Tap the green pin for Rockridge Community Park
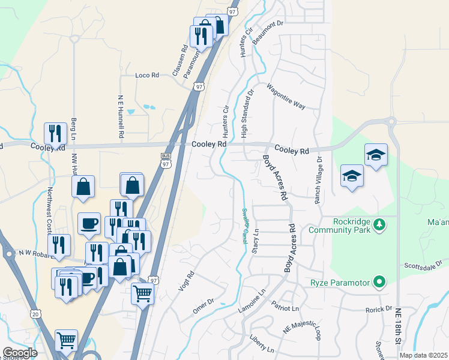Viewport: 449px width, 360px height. (x=379, y=225)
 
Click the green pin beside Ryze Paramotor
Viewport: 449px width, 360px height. (x=379, y=281)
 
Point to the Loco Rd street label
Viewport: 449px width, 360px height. (x=146, y=76)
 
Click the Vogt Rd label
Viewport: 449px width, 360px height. (x=187, y=281)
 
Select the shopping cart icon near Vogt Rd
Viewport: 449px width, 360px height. (x=142, y=294)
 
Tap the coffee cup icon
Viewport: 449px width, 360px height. (x=89, y=223)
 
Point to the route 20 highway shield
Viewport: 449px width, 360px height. (x=35, y=313)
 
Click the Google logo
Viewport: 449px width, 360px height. (x=20, y=353)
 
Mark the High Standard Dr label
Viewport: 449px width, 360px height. (x=244, y=113)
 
